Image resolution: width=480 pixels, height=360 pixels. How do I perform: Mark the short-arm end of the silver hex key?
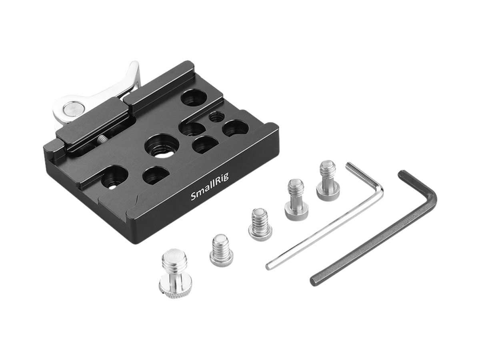click(349, 164)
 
